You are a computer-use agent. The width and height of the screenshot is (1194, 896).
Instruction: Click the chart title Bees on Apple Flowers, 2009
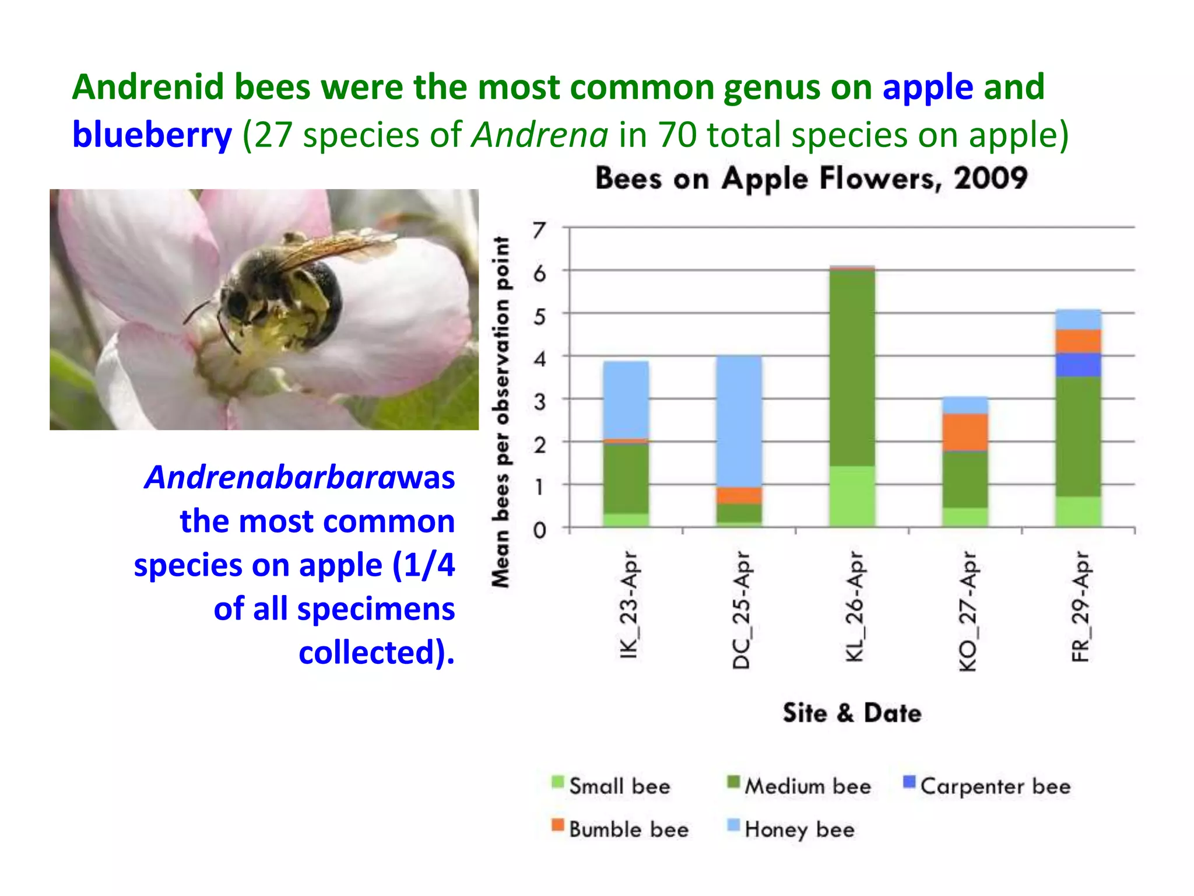click(x=810, y=178)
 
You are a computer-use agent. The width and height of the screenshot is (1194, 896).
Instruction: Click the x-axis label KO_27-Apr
click(x=968, y=611)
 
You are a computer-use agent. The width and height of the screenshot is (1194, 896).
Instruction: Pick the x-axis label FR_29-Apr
click(x=1080, y=607)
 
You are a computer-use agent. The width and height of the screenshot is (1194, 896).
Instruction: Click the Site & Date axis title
click(x=852, y=713)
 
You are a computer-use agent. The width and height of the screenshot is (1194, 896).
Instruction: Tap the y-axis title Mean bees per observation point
click(x=501, y=411)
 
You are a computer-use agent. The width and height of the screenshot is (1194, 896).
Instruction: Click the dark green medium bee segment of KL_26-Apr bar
click(x=852, y=367)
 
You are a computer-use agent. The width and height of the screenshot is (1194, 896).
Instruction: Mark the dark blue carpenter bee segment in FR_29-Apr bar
click(x=1078, y=365)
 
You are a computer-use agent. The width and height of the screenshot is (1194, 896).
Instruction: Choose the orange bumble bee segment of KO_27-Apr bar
click(x=965, y=432)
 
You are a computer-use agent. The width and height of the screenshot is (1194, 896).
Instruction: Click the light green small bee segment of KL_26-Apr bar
click(x=852, y=496)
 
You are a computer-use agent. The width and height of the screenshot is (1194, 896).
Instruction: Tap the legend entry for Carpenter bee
click(x=986, y=786)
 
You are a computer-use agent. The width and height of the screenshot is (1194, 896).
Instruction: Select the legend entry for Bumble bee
click(x=620, y=829)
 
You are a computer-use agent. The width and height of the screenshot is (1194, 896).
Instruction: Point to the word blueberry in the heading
click(x=152, y=135)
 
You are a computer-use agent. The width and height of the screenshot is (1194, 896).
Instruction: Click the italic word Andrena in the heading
click(x=540, y=135)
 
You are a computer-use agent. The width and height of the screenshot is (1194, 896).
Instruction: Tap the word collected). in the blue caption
click(x=376, y=652)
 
